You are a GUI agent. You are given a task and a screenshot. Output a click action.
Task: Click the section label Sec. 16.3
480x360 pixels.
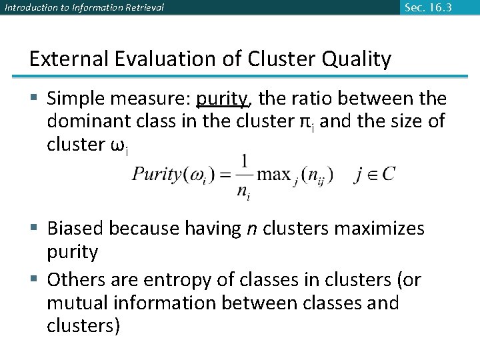click(429, 7)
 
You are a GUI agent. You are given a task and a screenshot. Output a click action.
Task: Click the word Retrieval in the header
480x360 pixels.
click(141, 8)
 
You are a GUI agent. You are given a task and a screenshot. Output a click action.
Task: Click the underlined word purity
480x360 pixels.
click(221, 99)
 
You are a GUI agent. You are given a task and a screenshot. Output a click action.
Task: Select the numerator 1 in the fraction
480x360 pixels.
click(245, 161)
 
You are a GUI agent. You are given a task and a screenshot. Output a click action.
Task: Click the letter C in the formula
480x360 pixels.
click(388, 175)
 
